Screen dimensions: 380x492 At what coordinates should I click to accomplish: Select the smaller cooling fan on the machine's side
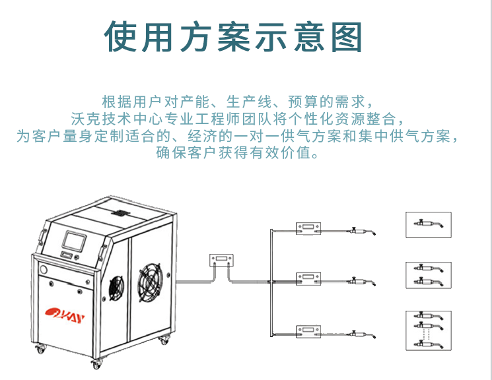[x=116, y=285]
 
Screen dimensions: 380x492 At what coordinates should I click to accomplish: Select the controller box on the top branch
[x=309, y=228]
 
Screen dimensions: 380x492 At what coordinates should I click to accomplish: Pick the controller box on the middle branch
[x=309, y=278]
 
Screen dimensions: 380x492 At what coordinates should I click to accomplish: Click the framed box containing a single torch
[x=428, y=224]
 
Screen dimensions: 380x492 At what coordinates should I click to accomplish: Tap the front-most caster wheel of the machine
[x=97, y=363]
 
